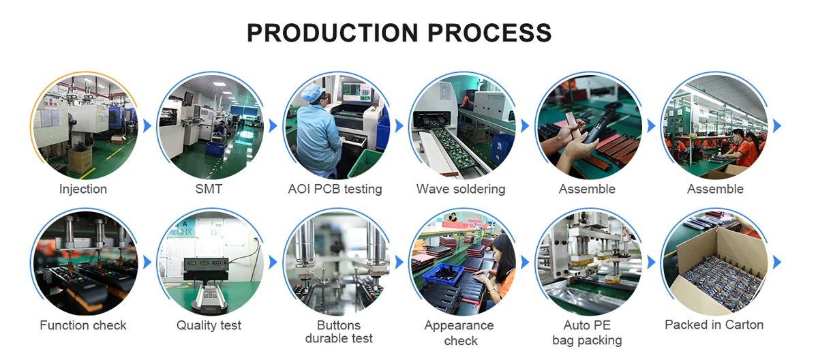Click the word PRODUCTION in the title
tap(334, 32)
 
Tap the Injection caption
tap(83, 189)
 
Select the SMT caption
tap(209, 189)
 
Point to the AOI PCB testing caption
tap(335, 189)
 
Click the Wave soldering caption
tap(461, 189)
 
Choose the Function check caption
tap(83, 325)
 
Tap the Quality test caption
tap(209, 325)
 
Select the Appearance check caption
tap(461, 332)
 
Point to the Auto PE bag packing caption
tap(587, 332)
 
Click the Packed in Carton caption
tap(714, 325)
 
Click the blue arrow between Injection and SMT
tap(147, 126)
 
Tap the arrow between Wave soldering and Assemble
tap(525, 126)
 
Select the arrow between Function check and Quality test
tap(147, 262)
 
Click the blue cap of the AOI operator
tap(312, 93)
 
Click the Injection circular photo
tap(83, 126)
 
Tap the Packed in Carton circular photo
tap(714, 262)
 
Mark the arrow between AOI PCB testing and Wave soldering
tap(399, 126)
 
